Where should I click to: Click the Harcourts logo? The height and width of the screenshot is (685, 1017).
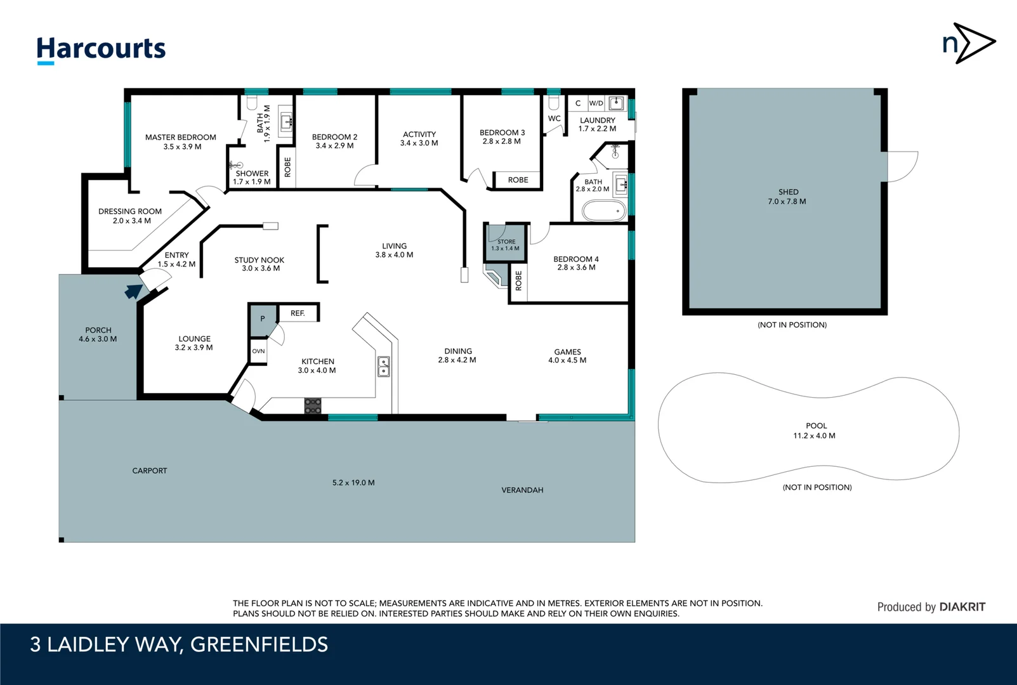101,49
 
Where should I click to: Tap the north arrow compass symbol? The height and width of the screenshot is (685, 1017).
969,43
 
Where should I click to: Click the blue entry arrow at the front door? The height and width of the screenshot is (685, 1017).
133,291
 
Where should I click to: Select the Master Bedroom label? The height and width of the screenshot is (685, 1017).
181,137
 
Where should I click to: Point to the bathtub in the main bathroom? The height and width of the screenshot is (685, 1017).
603,211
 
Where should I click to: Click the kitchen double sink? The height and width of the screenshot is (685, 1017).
384,367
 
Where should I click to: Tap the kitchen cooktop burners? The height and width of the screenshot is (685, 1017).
313,406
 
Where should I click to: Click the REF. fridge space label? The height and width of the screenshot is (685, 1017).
298,313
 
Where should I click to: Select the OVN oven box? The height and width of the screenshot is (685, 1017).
258,351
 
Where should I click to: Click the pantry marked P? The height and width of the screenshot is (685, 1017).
263,319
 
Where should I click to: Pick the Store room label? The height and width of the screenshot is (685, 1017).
506,242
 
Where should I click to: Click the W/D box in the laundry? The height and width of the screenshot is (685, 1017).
596,103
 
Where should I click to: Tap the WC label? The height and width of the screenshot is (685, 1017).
554,119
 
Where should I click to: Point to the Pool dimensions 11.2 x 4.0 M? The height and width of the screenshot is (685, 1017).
814,436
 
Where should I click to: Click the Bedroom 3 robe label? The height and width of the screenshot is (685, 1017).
518,180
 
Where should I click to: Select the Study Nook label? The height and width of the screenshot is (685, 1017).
259,260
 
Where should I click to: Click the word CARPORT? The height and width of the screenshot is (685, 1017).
150,471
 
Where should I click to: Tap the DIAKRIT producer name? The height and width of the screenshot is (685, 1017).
962,607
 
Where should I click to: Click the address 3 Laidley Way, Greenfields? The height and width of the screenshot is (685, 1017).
179,644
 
